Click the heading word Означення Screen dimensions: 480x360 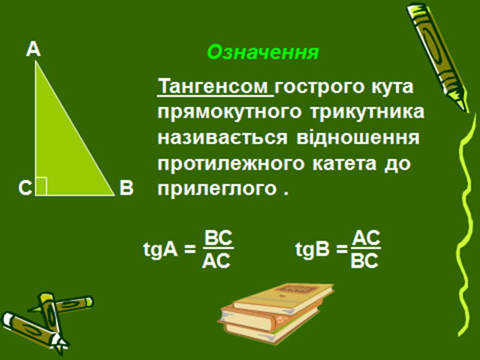[x=263, y=52]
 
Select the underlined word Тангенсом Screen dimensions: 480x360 [x=215, y=87]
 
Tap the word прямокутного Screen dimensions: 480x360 [x=230, y=113]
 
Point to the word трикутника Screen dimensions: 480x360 [x=367, y=113]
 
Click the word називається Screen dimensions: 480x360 [x=222, y=138]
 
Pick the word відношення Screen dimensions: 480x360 [x=358, y=138]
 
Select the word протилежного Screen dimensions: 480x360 [x=231, y=164]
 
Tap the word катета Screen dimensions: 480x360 [x=344, y=164]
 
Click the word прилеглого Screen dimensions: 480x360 [x=218, y=189]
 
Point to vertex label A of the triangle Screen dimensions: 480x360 [x=33, y=49]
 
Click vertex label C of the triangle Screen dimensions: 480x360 [x=25, y=188]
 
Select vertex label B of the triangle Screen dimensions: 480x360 [x=126, y=188]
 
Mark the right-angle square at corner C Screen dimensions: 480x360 [x=41, y=186]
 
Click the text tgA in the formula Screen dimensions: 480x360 [x=161, y=250]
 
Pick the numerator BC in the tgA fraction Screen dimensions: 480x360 [x=218, y=238]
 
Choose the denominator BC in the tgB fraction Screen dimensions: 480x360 [x=365, y=261]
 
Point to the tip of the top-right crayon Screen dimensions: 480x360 [x=467, y=111]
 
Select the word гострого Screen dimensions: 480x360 [x=320, y=87]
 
